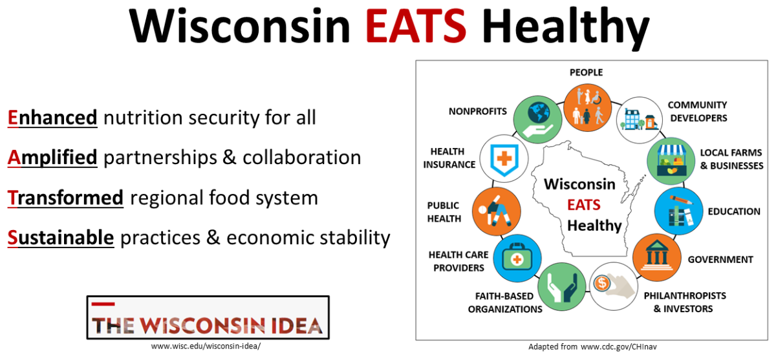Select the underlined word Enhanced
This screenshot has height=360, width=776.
(x=52, y=118)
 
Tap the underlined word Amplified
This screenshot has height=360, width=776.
(x=52, y=157)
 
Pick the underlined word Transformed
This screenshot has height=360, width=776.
(x=65, y=197)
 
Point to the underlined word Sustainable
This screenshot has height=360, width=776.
(x=61, y=237)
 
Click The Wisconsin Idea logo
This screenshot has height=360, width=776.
(x=208, y=318)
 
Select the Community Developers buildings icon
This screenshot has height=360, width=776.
(x=639, y=120)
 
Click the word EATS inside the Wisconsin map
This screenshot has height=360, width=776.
(x=584, y=206)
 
